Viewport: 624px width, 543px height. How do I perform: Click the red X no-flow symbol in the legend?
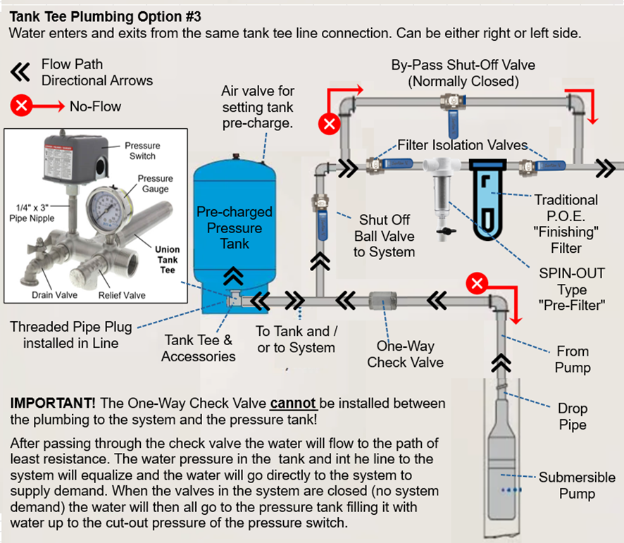(x=22, y=106)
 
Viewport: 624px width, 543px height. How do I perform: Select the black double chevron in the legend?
(x=20, y=71)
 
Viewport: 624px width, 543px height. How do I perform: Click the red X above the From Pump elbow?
(x=478, y=284)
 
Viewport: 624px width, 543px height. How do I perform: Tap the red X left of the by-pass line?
(x=329, y=125)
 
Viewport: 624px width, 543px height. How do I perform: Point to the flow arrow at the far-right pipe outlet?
(x=605, y=168)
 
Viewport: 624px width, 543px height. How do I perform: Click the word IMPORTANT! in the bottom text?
(x=53, y=404)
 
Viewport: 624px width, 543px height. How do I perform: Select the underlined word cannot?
(x=294, y=404)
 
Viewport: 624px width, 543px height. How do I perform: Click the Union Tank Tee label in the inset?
(x=167, y=260)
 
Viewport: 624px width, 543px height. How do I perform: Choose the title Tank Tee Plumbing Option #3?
(x=99, y=16)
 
